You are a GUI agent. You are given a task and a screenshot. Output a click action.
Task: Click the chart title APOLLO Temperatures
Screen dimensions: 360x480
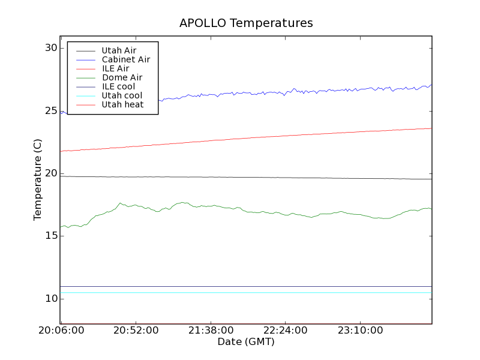pos(246,23)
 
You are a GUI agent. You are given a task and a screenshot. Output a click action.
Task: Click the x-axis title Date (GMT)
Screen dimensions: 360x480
pos(246,342)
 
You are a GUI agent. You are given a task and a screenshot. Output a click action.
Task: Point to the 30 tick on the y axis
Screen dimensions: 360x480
pos(51,48)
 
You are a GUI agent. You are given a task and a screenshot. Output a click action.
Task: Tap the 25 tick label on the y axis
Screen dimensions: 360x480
pos(51,111)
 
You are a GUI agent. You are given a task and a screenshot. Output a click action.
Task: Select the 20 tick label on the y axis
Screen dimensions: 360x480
pos(51,173)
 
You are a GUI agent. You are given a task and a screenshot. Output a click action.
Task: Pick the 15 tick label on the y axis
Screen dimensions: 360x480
pos(51,236)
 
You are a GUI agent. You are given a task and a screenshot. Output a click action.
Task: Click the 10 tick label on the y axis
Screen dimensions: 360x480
pos(51,299)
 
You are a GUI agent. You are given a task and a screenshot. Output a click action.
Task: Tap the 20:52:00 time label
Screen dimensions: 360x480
pos(135,331)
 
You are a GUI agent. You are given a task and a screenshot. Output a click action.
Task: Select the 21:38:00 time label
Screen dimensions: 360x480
pos(209,331)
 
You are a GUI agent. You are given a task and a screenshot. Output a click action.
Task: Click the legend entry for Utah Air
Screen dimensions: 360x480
pos(119,50)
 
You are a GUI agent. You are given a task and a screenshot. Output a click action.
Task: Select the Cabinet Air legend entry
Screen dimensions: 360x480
pos(125,59)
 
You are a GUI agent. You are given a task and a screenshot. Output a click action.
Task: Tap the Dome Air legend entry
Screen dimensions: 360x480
pos(122,77)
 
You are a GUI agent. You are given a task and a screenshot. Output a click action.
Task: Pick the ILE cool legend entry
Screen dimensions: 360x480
pos(118,86)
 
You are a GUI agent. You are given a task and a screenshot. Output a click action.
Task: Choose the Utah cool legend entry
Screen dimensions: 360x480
pos(122,95)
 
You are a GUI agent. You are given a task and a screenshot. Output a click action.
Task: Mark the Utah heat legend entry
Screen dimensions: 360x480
pos(122,104)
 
